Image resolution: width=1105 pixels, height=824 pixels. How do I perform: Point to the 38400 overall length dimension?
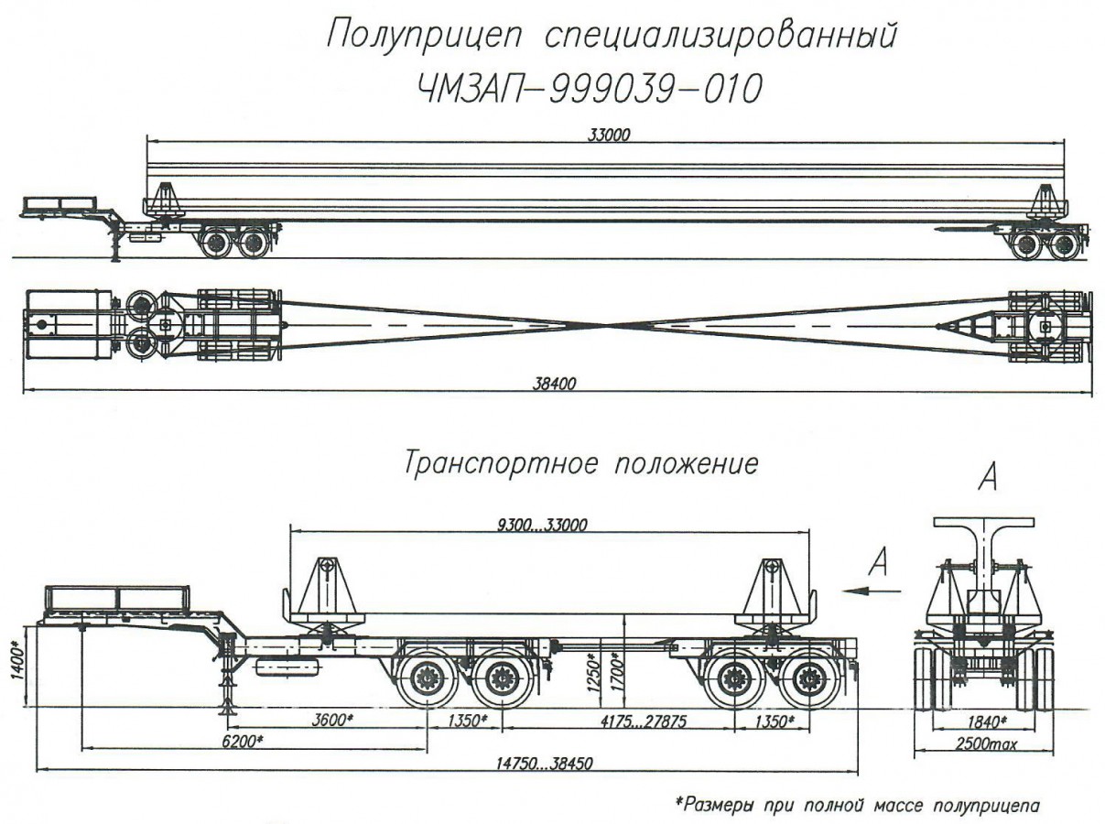(554, 385)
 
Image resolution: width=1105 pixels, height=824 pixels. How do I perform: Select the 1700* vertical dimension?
(619, 673)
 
